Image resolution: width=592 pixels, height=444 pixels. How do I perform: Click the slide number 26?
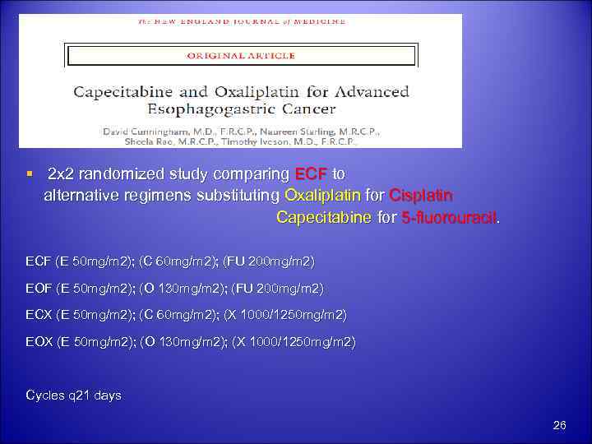560,425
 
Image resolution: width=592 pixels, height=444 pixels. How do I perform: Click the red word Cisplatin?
421,197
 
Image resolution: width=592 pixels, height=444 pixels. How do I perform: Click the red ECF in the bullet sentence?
310,175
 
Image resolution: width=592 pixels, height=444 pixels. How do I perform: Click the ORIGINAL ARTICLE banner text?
240,56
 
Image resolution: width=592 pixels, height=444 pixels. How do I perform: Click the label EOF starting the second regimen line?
39,289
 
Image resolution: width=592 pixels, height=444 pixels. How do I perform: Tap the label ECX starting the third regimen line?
39,315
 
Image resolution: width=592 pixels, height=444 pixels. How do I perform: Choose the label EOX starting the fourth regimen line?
39,341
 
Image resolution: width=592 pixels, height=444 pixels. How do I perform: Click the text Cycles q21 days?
74,395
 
